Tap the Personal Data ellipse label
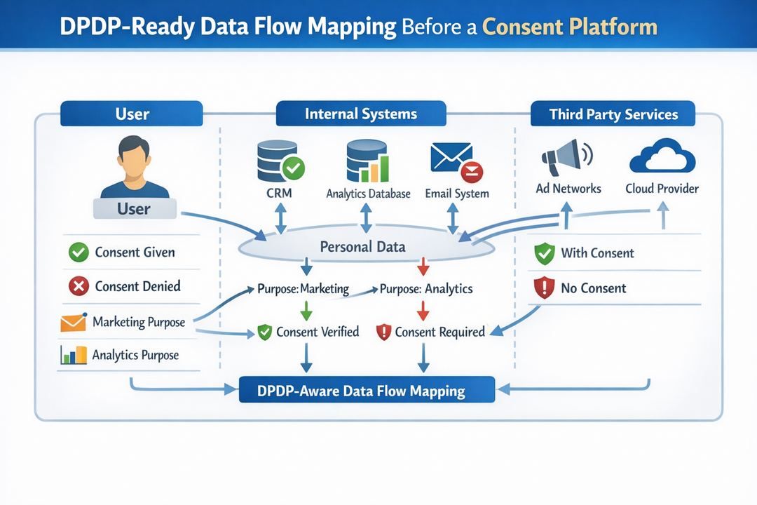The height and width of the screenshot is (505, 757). click(x=362, y=247)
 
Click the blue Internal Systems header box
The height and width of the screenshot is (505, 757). click(x=361, y=114)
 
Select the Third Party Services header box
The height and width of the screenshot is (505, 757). click(x=613, y=114)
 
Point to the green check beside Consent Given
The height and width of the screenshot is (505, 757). click(x=79, y=252)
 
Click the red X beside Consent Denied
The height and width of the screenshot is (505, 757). click(x=79, y=286)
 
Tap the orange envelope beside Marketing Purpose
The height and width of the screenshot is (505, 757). click(x=73, y=322)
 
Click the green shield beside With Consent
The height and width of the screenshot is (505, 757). click(x=545, y=254)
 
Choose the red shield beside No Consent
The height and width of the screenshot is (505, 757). click(x=545, y=288)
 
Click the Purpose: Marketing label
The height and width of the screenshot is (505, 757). click(x=303, y=288)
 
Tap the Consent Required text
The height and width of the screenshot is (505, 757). click(x=439, y=332)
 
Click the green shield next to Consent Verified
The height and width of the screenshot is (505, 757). click(x=264, y=332)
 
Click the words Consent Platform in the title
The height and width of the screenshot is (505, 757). click(x=570, y=27)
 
